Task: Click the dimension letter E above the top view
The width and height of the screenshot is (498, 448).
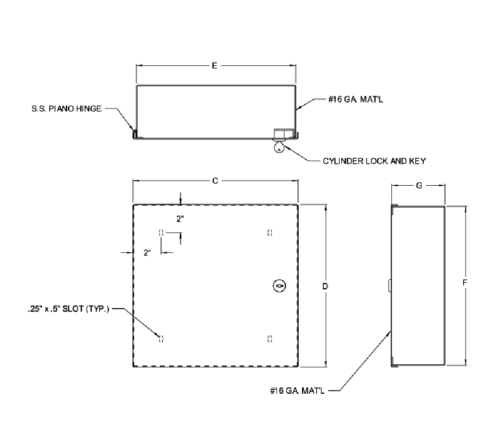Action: [215, 65]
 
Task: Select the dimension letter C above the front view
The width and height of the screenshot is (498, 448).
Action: [215, 181]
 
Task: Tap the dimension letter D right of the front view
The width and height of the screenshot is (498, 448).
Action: [325, 286]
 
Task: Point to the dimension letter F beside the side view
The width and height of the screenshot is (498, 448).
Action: [465, 282]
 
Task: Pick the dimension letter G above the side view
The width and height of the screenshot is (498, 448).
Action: [419, 185]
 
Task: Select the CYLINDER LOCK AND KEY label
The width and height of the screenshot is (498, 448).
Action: [374, 161]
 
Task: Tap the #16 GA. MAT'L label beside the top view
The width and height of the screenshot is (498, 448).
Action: [355, 100]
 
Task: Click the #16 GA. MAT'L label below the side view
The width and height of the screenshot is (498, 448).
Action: [296, 391]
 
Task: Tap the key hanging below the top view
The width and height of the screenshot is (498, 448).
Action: [279, 147]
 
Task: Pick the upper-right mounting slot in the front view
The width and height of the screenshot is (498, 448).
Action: [270, 232]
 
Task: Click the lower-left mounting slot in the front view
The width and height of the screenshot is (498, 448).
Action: [161, 338]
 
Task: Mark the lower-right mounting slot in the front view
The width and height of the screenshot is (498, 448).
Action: [270, 338]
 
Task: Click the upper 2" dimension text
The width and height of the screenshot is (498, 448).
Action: [180, 219]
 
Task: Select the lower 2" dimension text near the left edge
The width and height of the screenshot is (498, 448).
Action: [147, 253]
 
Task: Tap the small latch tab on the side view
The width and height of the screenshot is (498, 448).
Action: [389, 285]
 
